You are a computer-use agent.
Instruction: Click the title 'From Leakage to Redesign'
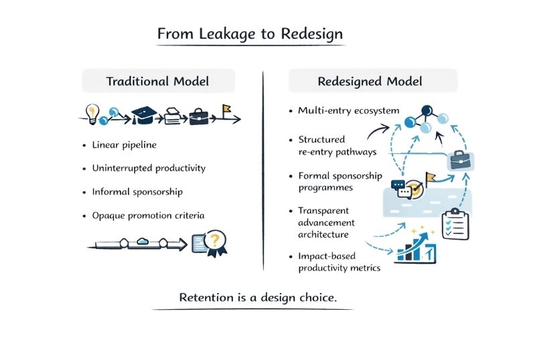click(x=251, y=33)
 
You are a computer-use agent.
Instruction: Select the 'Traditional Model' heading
click(x=158, y=82)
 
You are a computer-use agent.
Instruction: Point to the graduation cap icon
click(x=144, y=116)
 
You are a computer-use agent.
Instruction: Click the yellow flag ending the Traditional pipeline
click(x=227, y=110)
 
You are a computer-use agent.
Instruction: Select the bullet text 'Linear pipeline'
click(x=125, y=145)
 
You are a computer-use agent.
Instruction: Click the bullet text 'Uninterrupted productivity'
click(x=149, y=168)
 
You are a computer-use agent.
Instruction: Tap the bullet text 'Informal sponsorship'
click(x=137, y=192)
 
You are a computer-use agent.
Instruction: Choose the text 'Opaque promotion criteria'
click(x=149, y=215)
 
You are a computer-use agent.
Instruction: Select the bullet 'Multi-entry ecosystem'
click(x=348, y=110)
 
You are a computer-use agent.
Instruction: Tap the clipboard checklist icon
click(x=455, y=226)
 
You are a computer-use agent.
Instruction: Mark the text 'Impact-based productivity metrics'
click(x=339, y=262)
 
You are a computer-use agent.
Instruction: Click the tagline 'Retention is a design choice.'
click(x=258, y=297)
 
